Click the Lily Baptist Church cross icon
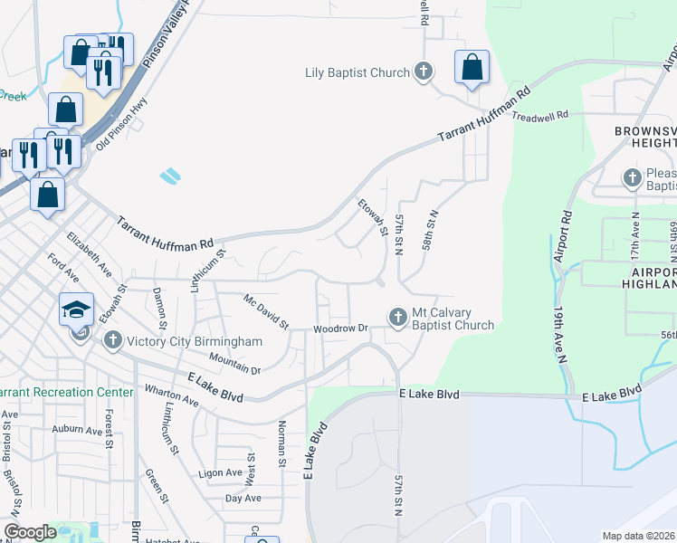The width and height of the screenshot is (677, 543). click(x=423, y=71)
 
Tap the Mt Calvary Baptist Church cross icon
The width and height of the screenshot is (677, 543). click(x=396, y=317)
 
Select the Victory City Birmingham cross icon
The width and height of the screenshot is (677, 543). click(x=112, y=340)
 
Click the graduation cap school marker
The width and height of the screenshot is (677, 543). click(x=77, y=309)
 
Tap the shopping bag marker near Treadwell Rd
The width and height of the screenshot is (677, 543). click(x=472, y=67)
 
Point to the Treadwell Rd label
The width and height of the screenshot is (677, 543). click(x=539, y=117)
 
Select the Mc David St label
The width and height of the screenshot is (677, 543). click(x=265, y=310)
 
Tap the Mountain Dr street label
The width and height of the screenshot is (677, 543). click(x=234, y=364)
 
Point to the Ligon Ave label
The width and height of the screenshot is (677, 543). click(x=221, y=472)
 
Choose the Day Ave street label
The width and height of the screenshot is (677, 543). click(x=243, y=498)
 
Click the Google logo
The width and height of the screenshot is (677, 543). click(x=30, y=532)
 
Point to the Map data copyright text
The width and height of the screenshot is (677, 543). click(x=639, y=536)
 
